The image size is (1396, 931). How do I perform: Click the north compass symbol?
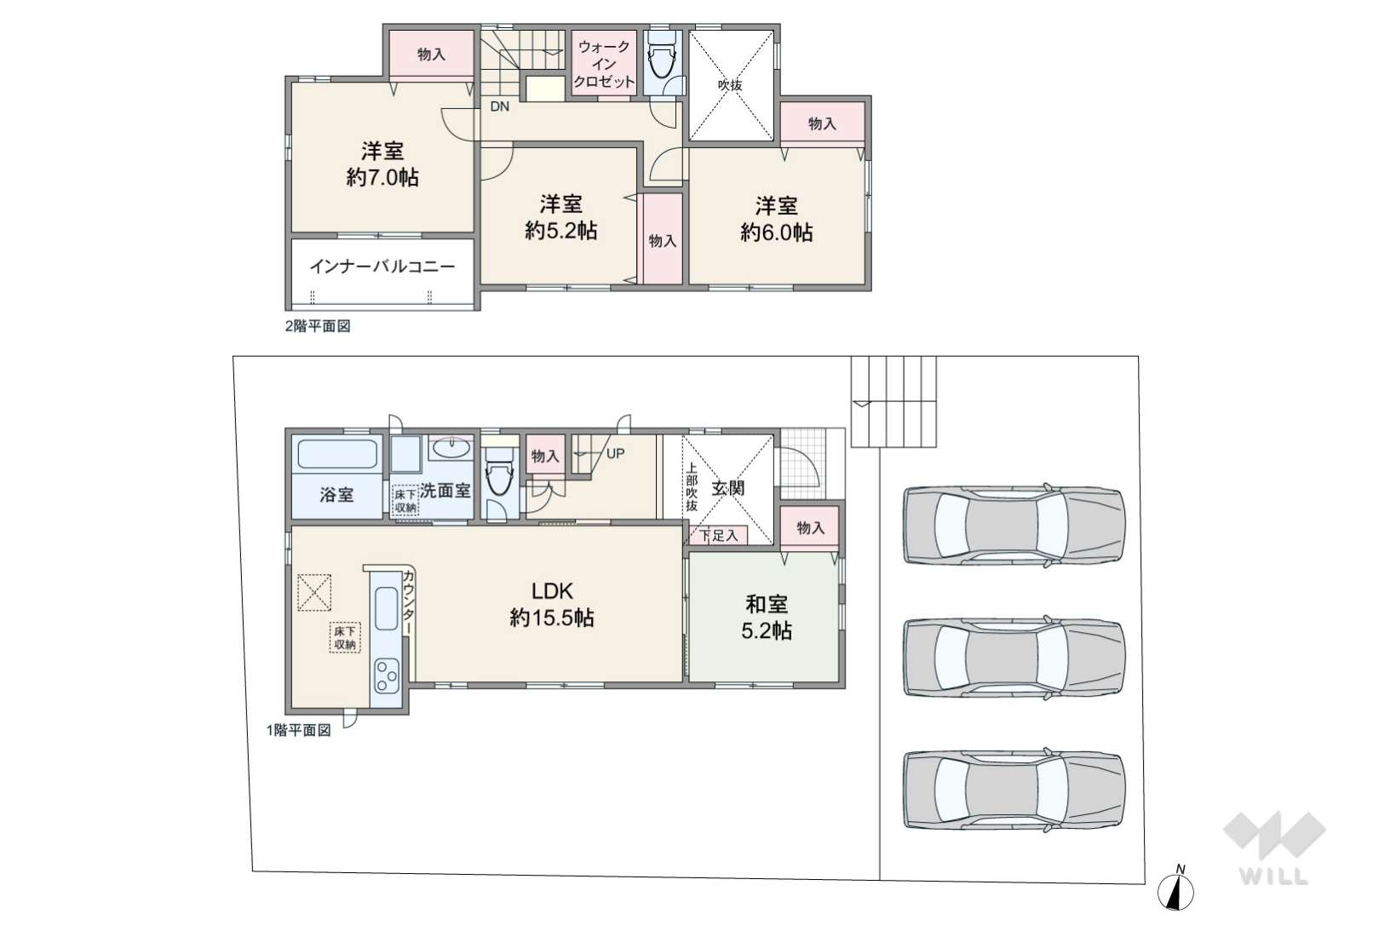(x=1175, y=889)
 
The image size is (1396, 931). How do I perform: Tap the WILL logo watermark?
(x=1274, y=848)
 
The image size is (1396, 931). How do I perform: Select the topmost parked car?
(x=1014, y=525)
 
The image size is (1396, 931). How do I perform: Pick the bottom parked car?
(x=1014, y=790)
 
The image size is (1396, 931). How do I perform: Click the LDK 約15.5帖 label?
(x=552, y=604)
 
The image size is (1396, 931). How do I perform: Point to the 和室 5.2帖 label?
(x=767, y=617)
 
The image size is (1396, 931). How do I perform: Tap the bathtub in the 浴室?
(x=336, y=454)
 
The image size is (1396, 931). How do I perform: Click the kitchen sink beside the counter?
(x=387, y=608)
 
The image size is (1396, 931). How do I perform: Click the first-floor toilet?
(x=498, y=477)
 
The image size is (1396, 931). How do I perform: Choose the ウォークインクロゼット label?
(x=604, y=64)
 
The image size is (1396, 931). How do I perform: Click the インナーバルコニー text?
(x=382, y=267)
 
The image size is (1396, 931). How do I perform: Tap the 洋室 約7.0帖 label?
(x=382, y=164)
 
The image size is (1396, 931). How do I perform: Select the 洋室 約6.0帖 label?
(x=777, y=219)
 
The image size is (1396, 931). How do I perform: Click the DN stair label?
(x=500, y=106)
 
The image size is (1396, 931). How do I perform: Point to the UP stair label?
(x=615, y=454)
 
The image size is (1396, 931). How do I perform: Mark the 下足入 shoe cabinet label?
(x=719, y=535)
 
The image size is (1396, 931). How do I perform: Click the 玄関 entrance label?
(x=728, y=488)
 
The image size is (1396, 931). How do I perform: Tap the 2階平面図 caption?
(x=318, y=326)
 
